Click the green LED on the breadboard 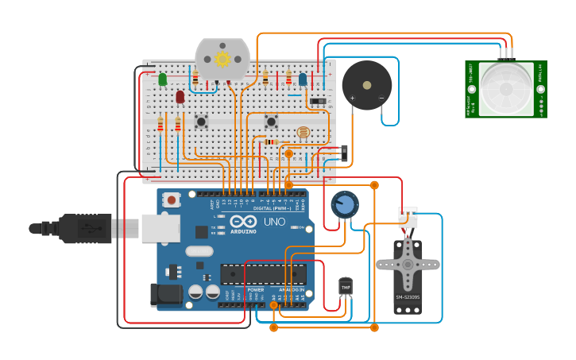pos(162,79)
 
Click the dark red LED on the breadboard pos(180,97)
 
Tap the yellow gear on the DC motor pos(222,59)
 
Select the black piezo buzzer pos(366,85)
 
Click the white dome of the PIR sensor pos(505,89)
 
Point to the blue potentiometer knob pos(344,205)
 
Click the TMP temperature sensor pos(346,286)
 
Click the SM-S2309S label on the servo pos(408,298)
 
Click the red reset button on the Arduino pos(170,200)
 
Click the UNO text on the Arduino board pos(274,222)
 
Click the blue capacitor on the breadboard pos(303,79)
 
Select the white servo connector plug pos(408,217)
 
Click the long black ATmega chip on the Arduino pos(263,274)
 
